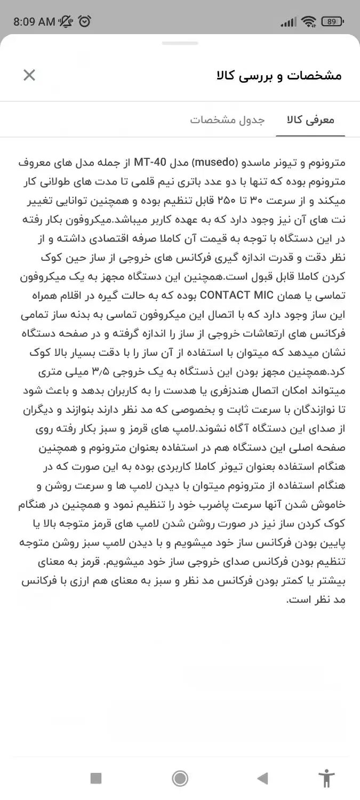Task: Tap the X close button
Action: [x=29, y=75]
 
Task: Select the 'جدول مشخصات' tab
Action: [x=227, y=119]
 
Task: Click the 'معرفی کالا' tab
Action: [x=311, y=119]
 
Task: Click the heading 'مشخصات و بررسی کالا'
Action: [x=279, y=75]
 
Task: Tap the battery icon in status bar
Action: [x=332, y=21]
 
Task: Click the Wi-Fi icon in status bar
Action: [x=308, y=21]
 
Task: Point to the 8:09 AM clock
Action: [x=34, y=22]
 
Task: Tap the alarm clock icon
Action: [x=85, y=21]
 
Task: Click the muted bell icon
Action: [x=67, y=21]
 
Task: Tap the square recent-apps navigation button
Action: [x=96, y=779]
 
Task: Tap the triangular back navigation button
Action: [x=262, y=779]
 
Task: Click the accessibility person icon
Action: [x=325, y=779]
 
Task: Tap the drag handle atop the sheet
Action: [x=180, y=43]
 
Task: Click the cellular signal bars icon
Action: [x=289, y=22]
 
